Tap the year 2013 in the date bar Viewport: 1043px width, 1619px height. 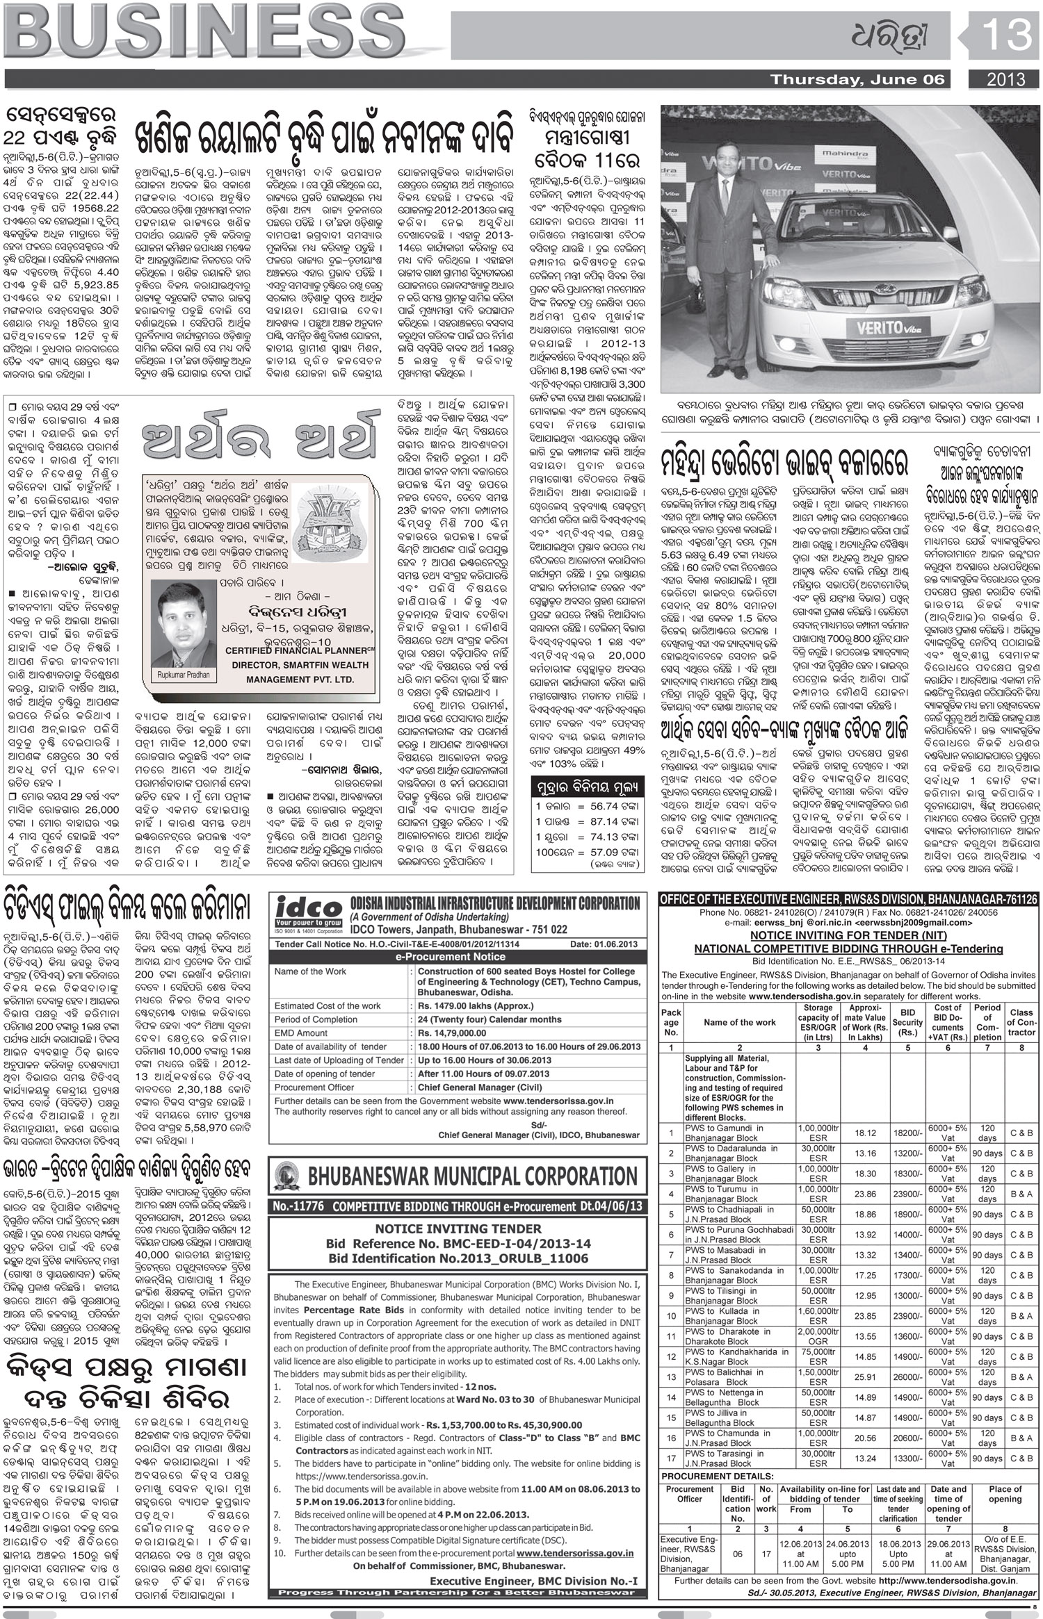(1005, 79)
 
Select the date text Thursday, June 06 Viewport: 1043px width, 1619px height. (857, 80)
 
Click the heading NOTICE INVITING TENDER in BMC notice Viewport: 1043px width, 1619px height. (458, 1228)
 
